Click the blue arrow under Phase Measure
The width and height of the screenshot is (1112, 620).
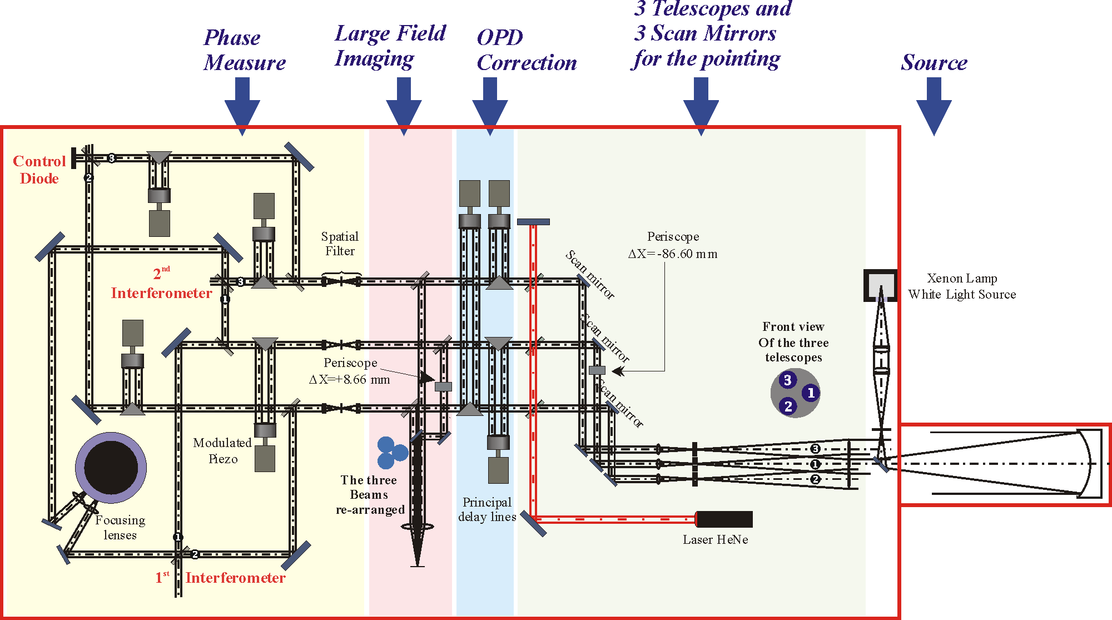tap(242, 106)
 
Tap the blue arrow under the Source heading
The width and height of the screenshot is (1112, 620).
tap(934, 106)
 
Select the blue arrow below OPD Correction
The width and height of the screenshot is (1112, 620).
tap(489, 106)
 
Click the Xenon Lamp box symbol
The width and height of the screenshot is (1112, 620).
tap(880, 285)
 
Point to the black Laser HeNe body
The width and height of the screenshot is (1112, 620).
tap(724, 519)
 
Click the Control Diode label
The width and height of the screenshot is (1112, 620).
tap(39, 170)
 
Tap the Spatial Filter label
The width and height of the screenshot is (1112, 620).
tap(340, 244)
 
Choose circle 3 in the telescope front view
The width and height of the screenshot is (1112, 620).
tap(787, 380)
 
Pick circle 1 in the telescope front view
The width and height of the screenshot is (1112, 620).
tap(811, 393)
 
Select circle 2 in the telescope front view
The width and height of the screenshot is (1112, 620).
tap(788, 406)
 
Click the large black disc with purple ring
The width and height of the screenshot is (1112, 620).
tap(111, 468)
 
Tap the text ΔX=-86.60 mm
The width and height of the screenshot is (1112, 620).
tap(673, 254)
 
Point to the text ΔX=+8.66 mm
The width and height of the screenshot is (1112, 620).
tap(350, 380)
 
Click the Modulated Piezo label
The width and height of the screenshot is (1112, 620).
tap(222, 450)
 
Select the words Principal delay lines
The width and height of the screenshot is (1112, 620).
tap(487, 509)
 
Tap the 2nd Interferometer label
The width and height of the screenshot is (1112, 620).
tap(161, 284)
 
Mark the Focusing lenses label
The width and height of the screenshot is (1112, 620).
tap(120, 527)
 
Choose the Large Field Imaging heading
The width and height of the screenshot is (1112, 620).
tap(390, 46)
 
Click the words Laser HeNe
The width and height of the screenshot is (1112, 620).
tap(715, 539)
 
